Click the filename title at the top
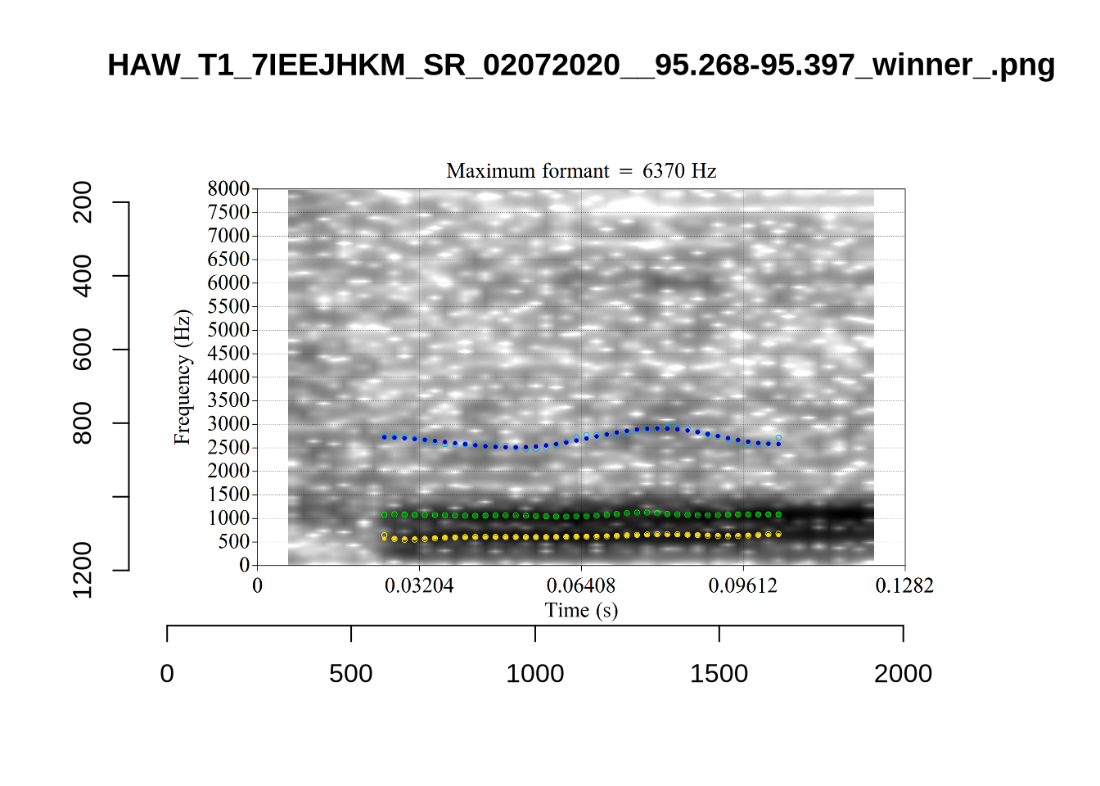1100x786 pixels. click(581, 65)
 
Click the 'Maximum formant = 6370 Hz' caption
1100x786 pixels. click(581, 171)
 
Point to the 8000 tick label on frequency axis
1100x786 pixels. click(228, 189)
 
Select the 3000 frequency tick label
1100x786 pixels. click(228, 424)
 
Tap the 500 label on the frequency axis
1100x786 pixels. click(233, 542)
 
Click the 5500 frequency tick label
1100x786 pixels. click(228, 306)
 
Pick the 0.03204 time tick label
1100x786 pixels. click(419, 586)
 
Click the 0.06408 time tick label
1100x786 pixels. click(581, 586)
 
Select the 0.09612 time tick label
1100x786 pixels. click(743, 586)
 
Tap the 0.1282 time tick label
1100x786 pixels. click(904, 586)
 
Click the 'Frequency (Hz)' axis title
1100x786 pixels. click(182, 377)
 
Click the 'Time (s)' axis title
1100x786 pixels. click(581, 611)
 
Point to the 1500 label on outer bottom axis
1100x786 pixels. click(719, 674)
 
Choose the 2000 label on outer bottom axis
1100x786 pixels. click(903, 674)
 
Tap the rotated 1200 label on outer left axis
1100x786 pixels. click(83, 570)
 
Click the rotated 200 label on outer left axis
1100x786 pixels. click(83, 202)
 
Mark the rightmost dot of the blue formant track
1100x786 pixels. click(778, 443)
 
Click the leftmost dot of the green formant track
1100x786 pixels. click(385, 515)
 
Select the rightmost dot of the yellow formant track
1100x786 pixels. click(778, 535)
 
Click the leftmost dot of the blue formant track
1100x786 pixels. click(385, 437)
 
